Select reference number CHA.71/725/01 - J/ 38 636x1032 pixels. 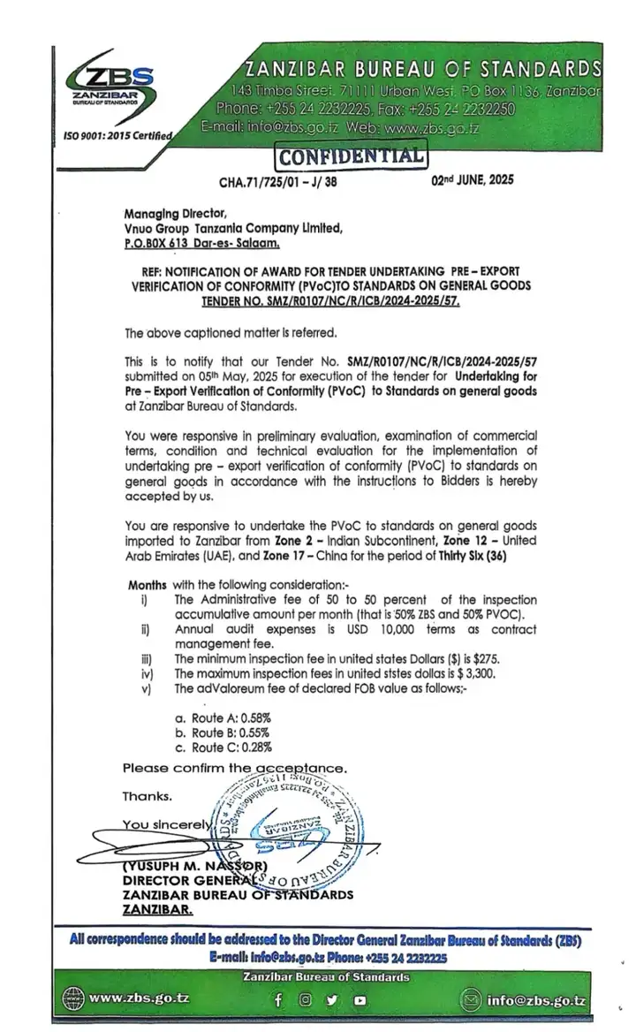(277, 182)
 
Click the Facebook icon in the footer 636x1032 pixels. (279, 1001)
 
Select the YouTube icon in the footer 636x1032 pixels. (360, 1001)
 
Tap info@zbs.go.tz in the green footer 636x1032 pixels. (537, 1000)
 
